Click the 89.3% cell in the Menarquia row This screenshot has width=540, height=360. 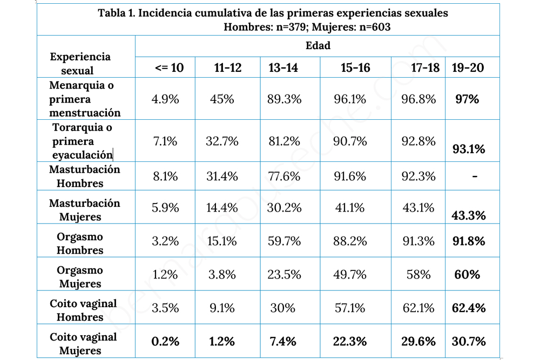pos(282,99)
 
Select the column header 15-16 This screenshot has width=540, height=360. pos(355,67)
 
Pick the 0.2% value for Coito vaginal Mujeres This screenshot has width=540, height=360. pos(165,341)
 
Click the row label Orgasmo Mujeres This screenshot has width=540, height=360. pos(80,277)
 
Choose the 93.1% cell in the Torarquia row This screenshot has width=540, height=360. pos(469,149)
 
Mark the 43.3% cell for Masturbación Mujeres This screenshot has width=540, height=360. pos(469,216)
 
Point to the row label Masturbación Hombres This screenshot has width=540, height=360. pos(84,176)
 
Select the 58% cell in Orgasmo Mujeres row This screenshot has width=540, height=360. pos(419,274)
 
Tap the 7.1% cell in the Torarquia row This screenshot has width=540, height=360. pos(165,141)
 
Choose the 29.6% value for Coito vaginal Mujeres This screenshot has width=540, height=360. pos(418,341)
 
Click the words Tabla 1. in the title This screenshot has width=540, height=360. pos(116,13)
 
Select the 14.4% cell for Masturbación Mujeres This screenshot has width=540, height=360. pos(222,207)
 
